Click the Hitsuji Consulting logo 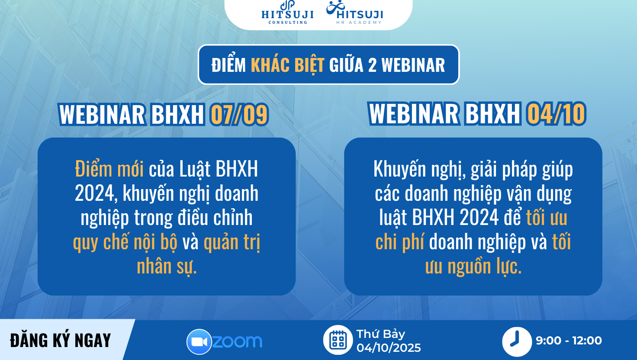pyautogui.click(x=287, y=13)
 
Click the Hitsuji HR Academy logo pyautogui.click(x=354, y=13)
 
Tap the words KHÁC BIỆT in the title pyautogui.click(x=287, y=65)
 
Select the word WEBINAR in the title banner pyautogui.click(x=413, y=65)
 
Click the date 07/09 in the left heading pyautogui.click(x=239, y=115)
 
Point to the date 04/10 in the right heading pyautogui.click(x=556, y=114)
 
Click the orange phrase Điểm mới pyautogui.click(x=109, y=169)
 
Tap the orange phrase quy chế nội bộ pyautogui.click(x=125, y=243)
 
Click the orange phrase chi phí pyautogui.click(x=399, y=242)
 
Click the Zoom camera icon pyautogui.click(x=199, y=342)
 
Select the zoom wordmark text pyautogui.click(x=237, y=341)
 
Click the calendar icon pyautogui.click(x=338, y=340)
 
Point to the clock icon pyautogui.click(x=517, y=341)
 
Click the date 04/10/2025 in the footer pyautogui.click(x=389, y=348)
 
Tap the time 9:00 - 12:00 pyautogui.click(x=569, y=341)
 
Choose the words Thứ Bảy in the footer pyautogui.click(x=380, y=334)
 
